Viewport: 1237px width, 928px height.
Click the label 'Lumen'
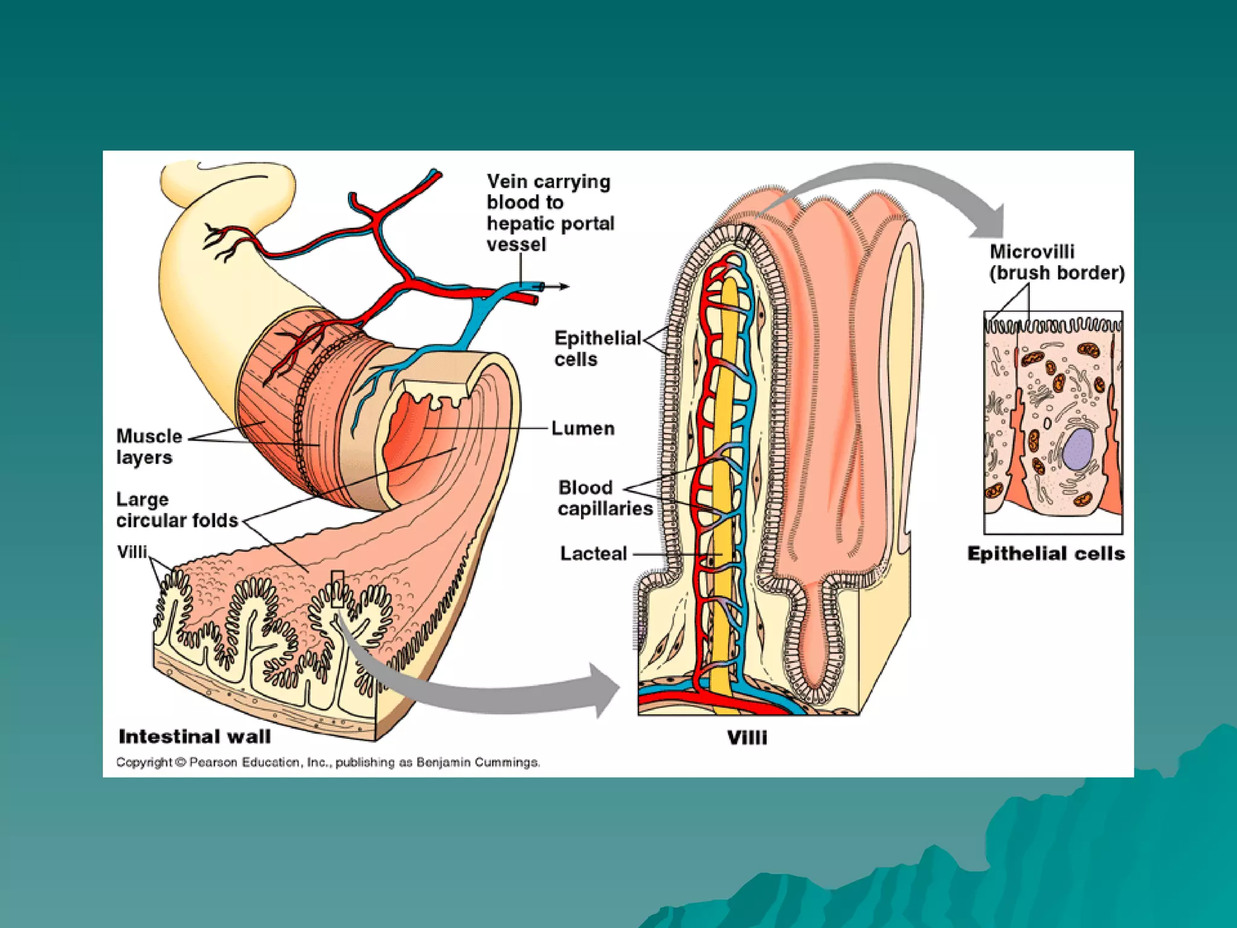(x=583, y=428)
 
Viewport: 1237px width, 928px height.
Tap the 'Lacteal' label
(x=593, y=553)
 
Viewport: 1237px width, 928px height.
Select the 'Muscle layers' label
(x=149, y=446)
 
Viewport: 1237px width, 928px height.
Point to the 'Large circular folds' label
(x=177, y=510)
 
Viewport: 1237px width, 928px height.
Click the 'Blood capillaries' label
(x=605, y=498)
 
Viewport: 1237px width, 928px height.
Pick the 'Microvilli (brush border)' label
(x=1056, y=262)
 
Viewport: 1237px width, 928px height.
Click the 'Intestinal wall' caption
(x=194, y=736)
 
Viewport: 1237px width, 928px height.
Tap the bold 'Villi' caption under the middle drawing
(x=747, y=738)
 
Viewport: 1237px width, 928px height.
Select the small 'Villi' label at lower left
(x=132, y=552)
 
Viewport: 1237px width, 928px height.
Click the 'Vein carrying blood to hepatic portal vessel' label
(x=550, y=213)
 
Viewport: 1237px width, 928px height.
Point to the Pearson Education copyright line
(x=328, y=762)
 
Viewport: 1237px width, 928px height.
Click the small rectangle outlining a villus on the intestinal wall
(x=338, y=588)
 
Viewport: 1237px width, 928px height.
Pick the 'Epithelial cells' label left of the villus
(x=597, y=349)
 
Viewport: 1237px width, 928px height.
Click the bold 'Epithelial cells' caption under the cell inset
(x=1046, y=554)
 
